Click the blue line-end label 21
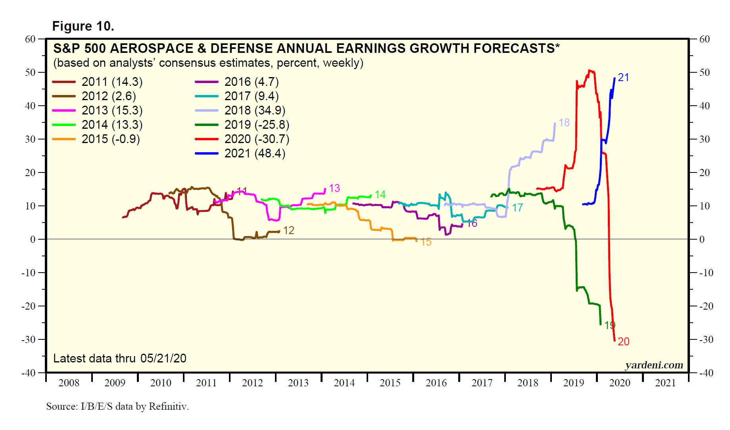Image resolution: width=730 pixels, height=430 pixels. click(623, 77)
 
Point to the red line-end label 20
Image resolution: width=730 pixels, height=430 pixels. click(623, 342)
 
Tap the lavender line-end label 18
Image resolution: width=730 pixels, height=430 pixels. click(564, 123)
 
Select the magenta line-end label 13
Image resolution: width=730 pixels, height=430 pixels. click(334, 188)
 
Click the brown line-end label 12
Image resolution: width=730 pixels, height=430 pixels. click(288, 230)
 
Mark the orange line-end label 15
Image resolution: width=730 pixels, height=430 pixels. click(426, 242)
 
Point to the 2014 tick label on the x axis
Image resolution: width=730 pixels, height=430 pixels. click(344, 383)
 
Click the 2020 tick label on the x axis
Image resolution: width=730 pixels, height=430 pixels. click(619, 383)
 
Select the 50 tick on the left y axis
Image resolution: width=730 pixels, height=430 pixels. click(30, 73)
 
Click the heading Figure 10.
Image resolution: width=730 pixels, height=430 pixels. click(83, 26)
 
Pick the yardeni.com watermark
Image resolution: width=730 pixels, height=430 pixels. click(654, 365)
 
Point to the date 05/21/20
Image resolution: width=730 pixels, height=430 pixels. click(163, 358)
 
